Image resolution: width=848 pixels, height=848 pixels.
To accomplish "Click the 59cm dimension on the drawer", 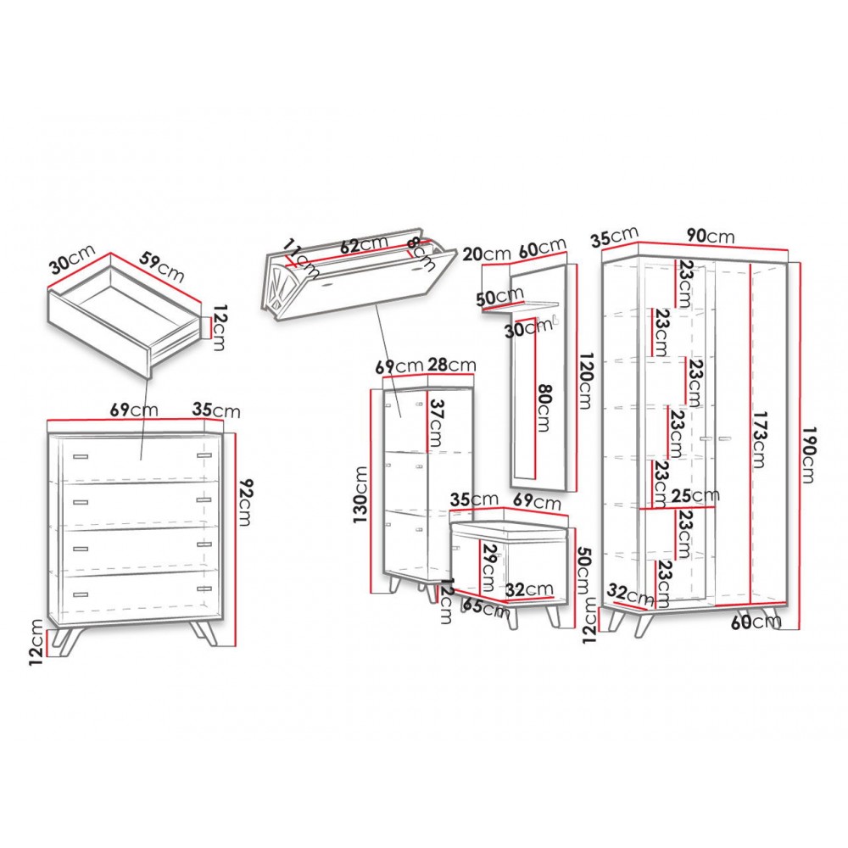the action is (x=161, y=267).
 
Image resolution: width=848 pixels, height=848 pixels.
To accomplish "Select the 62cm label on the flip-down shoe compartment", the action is (x=364, y=244).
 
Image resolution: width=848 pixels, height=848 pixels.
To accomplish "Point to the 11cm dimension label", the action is (x=301, y=259).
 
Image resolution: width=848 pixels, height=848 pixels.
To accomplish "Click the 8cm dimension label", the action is (x=421, y=253).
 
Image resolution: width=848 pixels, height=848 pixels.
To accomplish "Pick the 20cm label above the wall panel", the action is (x=487, y=254).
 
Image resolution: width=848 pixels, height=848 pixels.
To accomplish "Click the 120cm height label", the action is (x=584, y=381).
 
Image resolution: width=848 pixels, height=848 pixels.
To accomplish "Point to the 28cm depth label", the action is (x=452, y=365).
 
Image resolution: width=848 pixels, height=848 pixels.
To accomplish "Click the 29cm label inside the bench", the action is (x=489, y=566).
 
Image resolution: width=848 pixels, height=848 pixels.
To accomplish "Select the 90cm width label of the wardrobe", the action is (x=711, y=236).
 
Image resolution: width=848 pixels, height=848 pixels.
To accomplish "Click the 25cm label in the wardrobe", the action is (x=695, y=495).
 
